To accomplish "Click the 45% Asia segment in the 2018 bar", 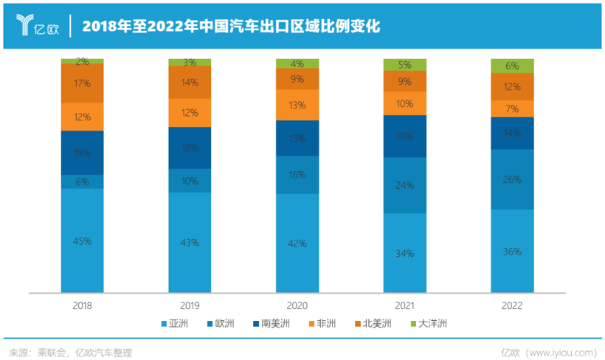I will click(x=82, y=240).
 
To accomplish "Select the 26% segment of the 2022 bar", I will click(x=512, y=179).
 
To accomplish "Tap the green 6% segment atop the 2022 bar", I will click(x=512, y=66).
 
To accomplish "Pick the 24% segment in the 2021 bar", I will click(x=404, y=185).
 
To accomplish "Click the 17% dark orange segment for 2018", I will click(x=82, y=83).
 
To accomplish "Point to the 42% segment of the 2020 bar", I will click(x=297, y=243).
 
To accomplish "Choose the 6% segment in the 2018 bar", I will click(x=82, y=181).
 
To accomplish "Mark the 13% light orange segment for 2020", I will click(x=297, y=105).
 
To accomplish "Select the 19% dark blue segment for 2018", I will click(x=82, y=153).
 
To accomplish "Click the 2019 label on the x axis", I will click(x=190, y=303).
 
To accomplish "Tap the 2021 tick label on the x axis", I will click(x=404, y=303).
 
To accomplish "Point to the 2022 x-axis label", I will click(x=512, y=303).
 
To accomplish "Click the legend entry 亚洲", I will click(x=176, y=323).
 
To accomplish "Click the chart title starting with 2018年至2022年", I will click(x=232, y=26).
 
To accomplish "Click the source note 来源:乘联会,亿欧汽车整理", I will click(x=71, y=351).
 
